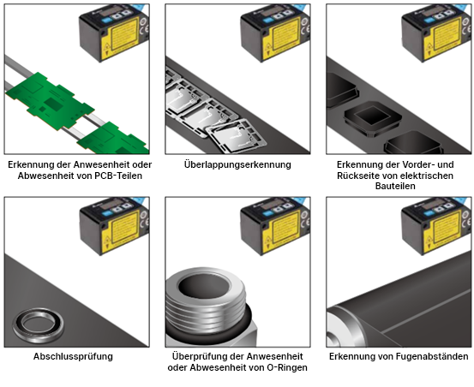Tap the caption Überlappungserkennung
(x=237, y=165)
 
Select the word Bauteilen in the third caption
(x=395, y=186)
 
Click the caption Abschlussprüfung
(x=73, y=356)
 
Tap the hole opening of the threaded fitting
(x=204, y=287)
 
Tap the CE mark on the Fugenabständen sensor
(x=467, y=222)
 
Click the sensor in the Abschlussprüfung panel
(x=114, y=225)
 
